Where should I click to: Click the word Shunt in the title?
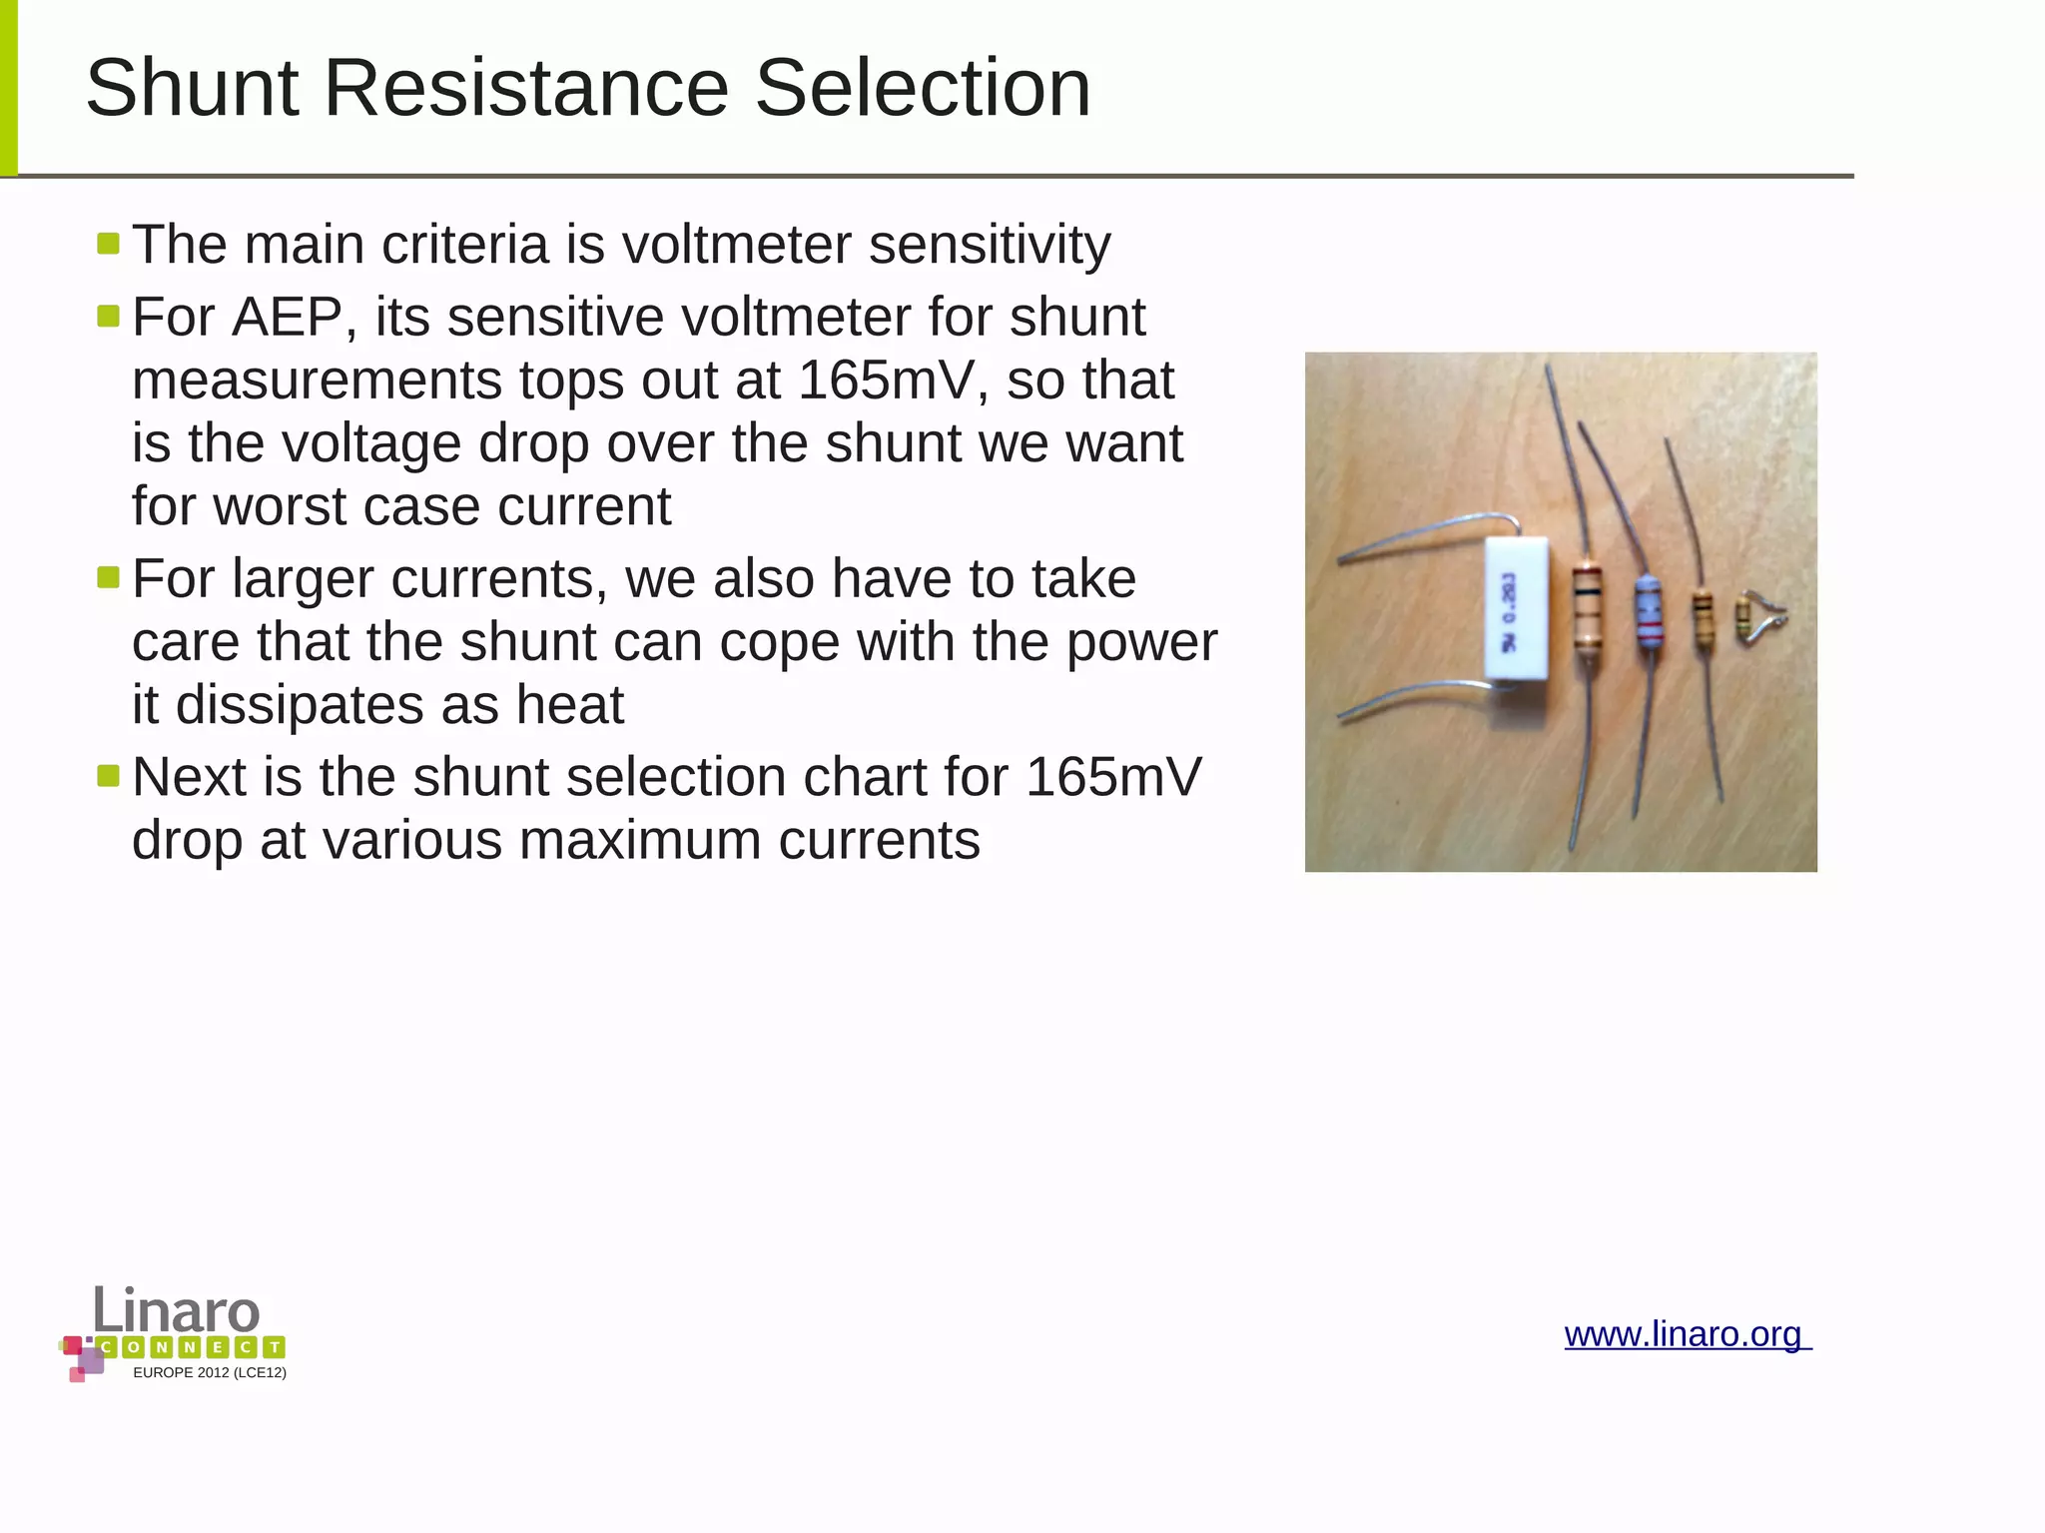click(192, 88)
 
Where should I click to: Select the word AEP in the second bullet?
click(288, 318)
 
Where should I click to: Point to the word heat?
click(569, 705)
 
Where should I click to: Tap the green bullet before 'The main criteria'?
click(109, 244)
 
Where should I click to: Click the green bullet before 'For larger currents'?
click(109, 577)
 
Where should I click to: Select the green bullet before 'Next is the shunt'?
click(109, 776)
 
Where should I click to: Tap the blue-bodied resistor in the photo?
click(1647, 610)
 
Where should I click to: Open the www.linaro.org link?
click(1686, 1334)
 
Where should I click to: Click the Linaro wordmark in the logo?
click(177, 1310)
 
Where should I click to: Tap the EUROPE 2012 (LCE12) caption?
click(210, 1373)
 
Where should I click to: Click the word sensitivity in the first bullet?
click(989, 245)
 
